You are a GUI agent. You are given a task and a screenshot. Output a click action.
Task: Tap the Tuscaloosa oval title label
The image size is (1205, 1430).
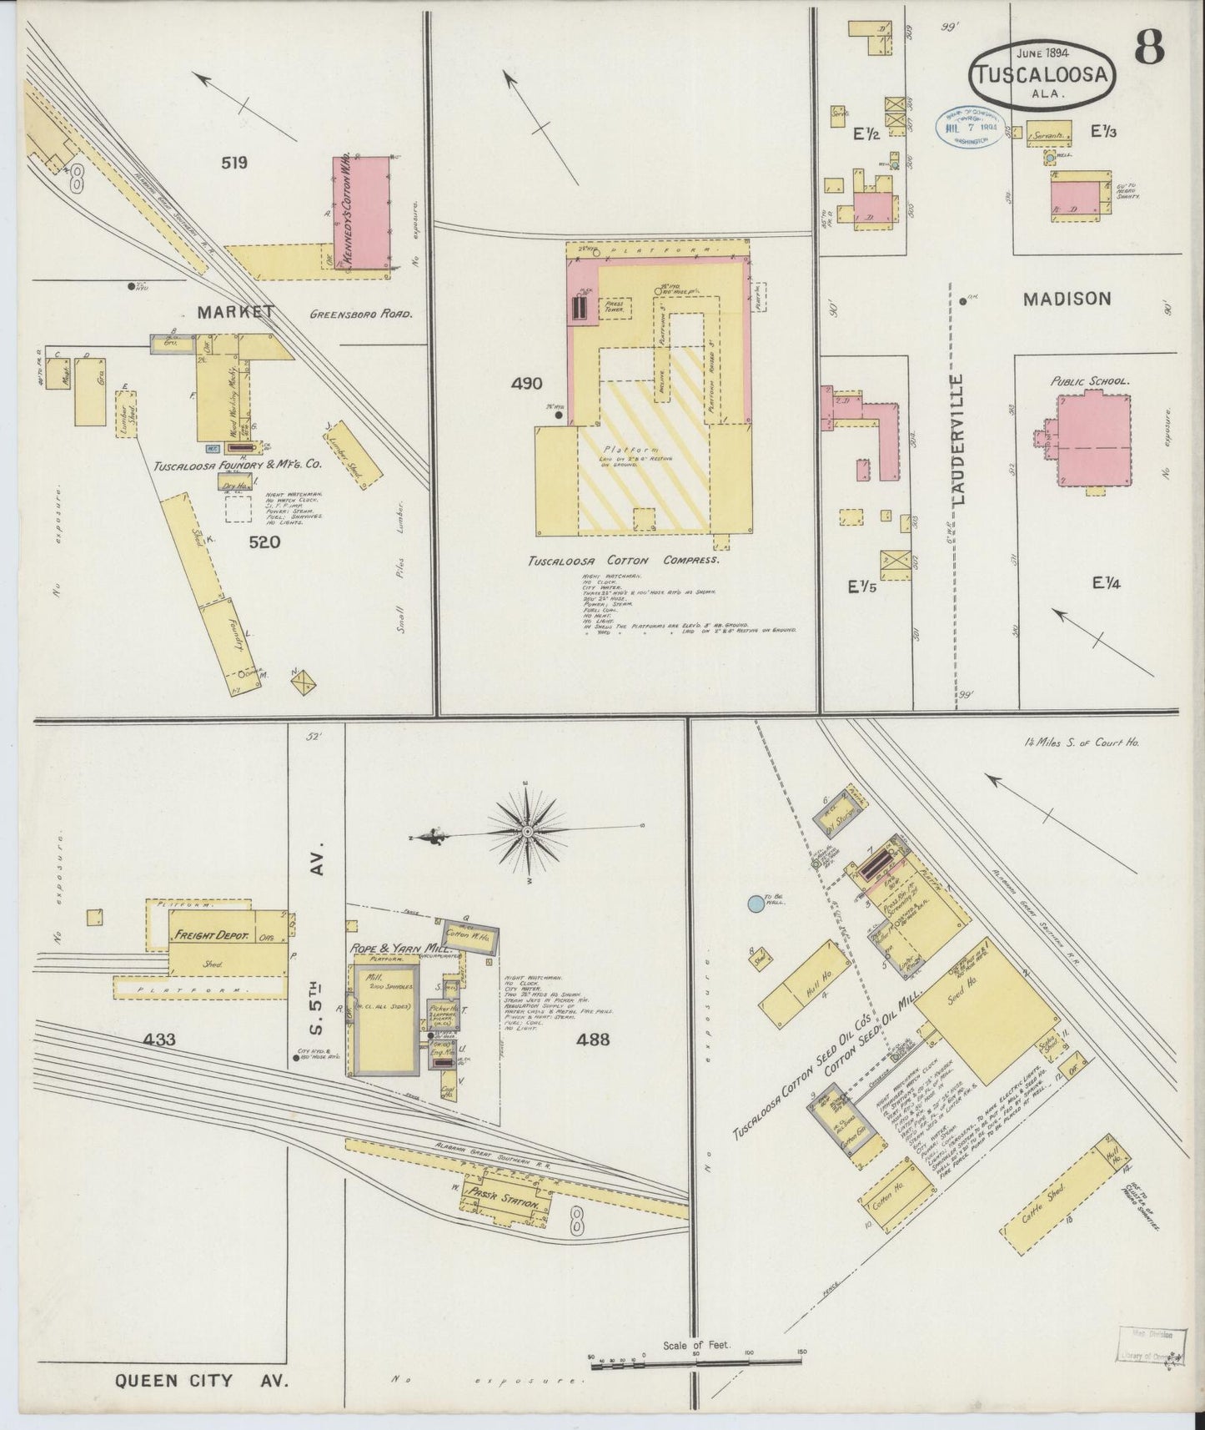coord(1042,76)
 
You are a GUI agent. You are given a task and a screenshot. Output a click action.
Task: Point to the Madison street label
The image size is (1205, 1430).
coord(1067,299)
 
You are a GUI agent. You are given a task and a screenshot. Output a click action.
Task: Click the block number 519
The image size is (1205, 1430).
coord(234,164)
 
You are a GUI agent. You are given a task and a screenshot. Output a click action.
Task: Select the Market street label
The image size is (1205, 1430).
coord(236,312)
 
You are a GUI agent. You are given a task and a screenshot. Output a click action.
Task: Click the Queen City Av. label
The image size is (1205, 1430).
coord(201,1380)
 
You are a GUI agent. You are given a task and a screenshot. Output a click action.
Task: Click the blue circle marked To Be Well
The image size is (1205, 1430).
coord(755,903)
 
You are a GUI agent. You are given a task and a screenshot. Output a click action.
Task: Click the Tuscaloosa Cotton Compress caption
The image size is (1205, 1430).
coord(625,561)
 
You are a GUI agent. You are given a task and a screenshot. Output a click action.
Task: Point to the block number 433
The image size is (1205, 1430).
coord(158,1040)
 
